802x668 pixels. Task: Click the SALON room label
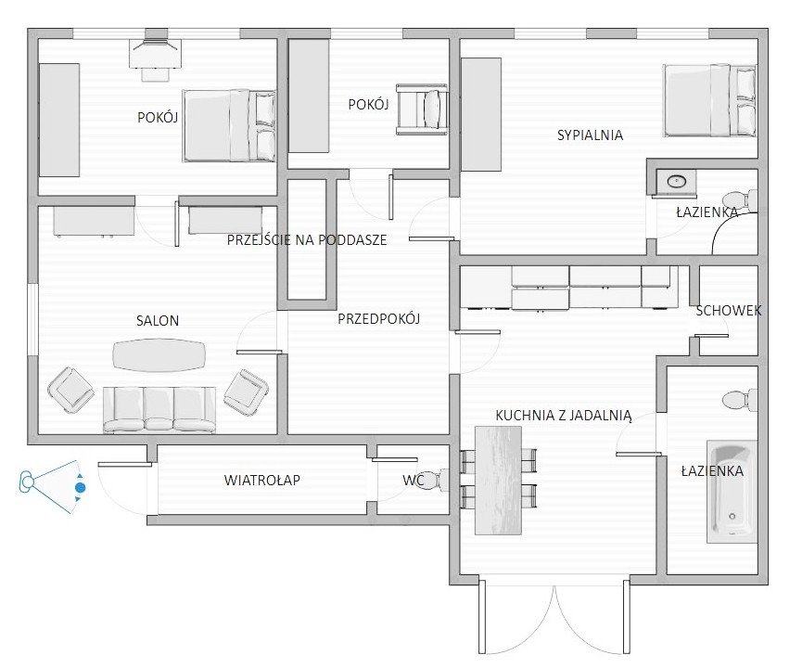click(158, 321)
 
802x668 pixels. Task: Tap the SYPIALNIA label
click(590, 135)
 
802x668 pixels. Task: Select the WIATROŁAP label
click(261, 481)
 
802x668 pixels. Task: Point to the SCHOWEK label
click(729, 310)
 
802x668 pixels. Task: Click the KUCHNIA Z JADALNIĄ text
click(564, 415)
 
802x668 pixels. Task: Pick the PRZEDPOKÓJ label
click(378, 319)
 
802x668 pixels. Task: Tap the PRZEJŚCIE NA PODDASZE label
click(307, 239)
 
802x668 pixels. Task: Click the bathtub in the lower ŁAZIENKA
click(732, 491)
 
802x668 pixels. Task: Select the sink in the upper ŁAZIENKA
click(676, 182)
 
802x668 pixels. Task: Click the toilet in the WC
click(433, 481)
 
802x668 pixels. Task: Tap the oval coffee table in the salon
click(159, 354)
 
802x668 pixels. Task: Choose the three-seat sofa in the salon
click(159, 410)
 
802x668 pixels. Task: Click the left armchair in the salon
click(71, 390)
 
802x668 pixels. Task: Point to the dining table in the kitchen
click(498, 481)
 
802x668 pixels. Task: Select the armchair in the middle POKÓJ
click(422, 109)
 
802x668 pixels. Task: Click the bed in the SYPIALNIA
click(709, 100)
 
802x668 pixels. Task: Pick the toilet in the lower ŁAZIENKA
click(740, 400)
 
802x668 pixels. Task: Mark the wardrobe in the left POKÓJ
click(59, 120)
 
